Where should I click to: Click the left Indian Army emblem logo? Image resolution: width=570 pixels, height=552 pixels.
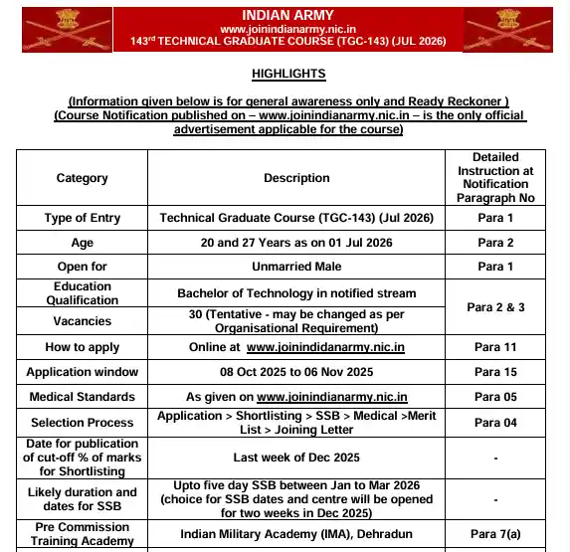point(50,29)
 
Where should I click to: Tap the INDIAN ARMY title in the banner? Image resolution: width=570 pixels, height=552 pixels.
point(287,15)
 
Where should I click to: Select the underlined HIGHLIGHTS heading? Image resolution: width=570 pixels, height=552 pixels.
point(288,75)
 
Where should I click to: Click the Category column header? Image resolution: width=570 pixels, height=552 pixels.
point(83,178)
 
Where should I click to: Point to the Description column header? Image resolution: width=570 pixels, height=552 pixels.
point(296,178)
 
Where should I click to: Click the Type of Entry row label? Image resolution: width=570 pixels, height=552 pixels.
point(83,218)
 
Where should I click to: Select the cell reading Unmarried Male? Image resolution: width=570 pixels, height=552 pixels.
point(296,267)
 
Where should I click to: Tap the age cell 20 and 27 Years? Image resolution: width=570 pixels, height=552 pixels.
point(296,243)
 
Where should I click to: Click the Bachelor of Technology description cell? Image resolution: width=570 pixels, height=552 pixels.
point(296,293)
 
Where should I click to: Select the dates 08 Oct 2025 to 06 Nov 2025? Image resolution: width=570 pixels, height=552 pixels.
point(296,372)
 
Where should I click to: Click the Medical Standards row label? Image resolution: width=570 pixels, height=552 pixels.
point(83,397)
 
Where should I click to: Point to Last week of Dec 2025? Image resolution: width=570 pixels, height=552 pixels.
point(296,458)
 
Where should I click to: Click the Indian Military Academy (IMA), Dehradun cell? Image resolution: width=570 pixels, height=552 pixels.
point(296,534)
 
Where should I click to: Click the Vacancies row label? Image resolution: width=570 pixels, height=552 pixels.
point(83,321)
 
